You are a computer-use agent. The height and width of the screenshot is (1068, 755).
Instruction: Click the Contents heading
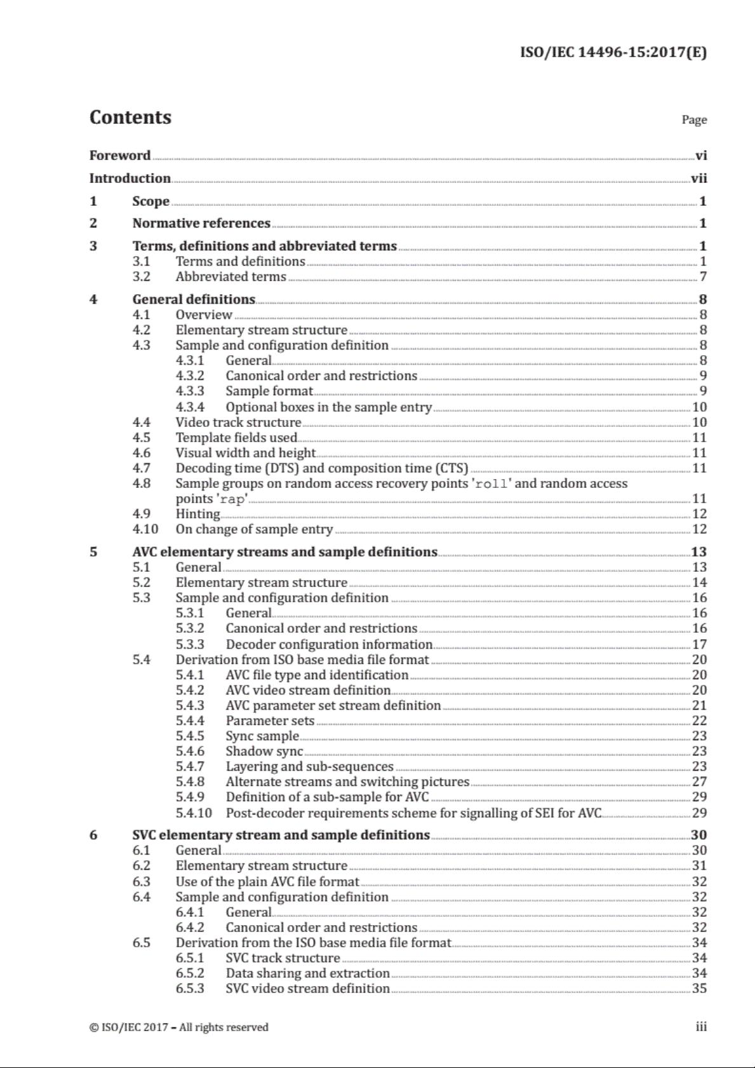click(x=130, y=118)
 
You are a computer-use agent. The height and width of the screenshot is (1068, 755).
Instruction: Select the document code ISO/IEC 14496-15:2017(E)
click(x=613, y=52)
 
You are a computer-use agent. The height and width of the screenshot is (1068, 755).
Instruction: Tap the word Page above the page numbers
click(x=694, y=119)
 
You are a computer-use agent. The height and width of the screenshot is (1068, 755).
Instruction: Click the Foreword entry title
click(x=120, y=156)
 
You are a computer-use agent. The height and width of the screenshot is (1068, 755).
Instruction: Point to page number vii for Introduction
click(x=698, y=179)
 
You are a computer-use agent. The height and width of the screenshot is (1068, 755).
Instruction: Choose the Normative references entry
click(x=201, y=223)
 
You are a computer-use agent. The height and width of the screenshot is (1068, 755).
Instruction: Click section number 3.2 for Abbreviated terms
click(x=142, y=276)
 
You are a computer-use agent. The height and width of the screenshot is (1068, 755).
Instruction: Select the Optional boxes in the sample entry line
click(x=328, y=407)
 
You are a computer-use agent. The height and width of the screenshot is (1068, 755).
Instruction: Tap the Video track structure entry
click(x=238, y=422)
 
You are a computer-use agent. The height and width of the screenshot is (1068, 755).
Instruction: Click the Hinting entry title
click(x=197, y=514)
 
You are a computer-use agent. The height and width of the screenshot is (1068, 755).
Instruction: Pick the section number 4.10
click(x=145, y=529)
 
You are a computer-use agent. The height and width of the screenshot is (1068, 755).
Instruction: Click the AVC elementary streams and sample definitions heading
click(x=284, y=552)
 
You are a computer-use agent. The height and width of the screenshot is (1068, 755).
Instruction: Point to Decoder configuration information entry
click(x=329, y=644)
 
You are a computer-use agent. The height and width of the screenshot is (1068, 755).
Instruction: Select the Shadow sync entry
click(x=264, y=751)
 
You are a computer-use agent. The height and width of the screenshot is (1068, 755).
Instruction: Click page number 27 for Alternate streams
click(x=699, y=781)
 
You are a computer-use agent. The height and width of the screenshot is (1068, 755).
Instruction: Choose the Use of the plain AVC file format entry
click(x=267, y=882)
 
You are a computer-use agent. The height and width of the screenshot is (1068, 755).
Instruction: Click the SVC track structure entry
click(x=283, y=958)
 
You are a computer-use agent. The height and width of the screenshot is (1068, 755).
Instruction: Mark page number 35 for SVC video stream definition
click(x=699, y=989)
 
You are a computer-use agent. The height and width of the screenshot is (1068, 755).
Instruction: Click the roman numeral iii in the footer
click(x=701, y=1027)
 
